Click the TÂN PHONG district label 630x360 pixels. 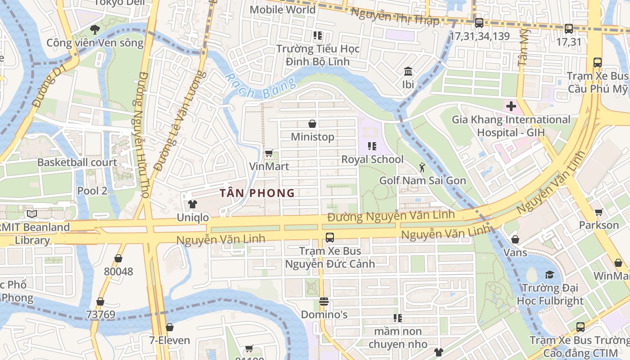(257, 193)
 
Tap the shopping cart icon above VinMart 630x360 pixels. (269, 153)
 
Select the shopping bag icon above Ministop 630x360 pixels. (312, 124)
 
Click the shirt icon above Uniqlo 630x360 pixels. (193, 204)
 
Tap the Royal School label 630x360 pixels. (372, 159)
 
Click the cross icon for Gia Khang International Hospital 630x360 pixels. (511, 107)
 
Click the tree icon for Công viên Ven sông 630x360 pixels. (94, 30)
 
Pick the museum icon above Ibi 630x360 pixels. (408, 72)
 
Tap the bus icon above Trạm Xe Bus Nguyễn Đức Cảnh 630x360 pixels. (330, 238)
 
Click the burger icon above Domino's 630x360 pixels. (324, 301)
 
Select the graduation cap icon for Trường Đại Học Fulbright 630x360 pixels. (549, 274)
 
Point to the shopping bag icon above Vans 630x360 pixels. (515, 239)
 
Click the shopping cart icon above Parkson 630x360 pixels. (598, 212)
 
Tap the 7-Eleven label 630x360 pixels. (170, 340)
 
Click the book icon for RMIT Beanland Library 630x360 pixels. (31, 214)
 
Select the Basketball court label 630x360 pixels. (77, 162)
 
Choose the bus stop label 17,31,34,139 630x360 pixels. (479, 36)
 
